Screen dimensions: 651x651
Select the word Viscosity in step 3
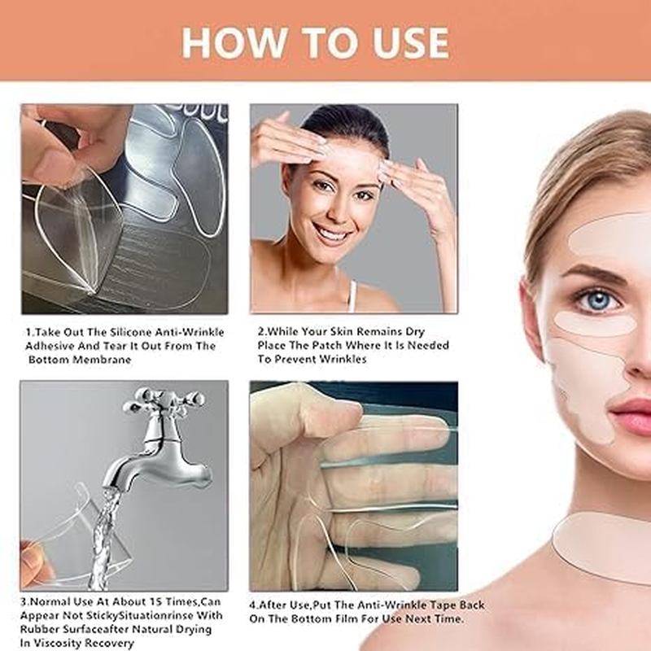(x=68, y=643)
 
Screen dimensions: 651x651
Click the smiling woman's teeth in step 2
(x=333, y=235)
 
